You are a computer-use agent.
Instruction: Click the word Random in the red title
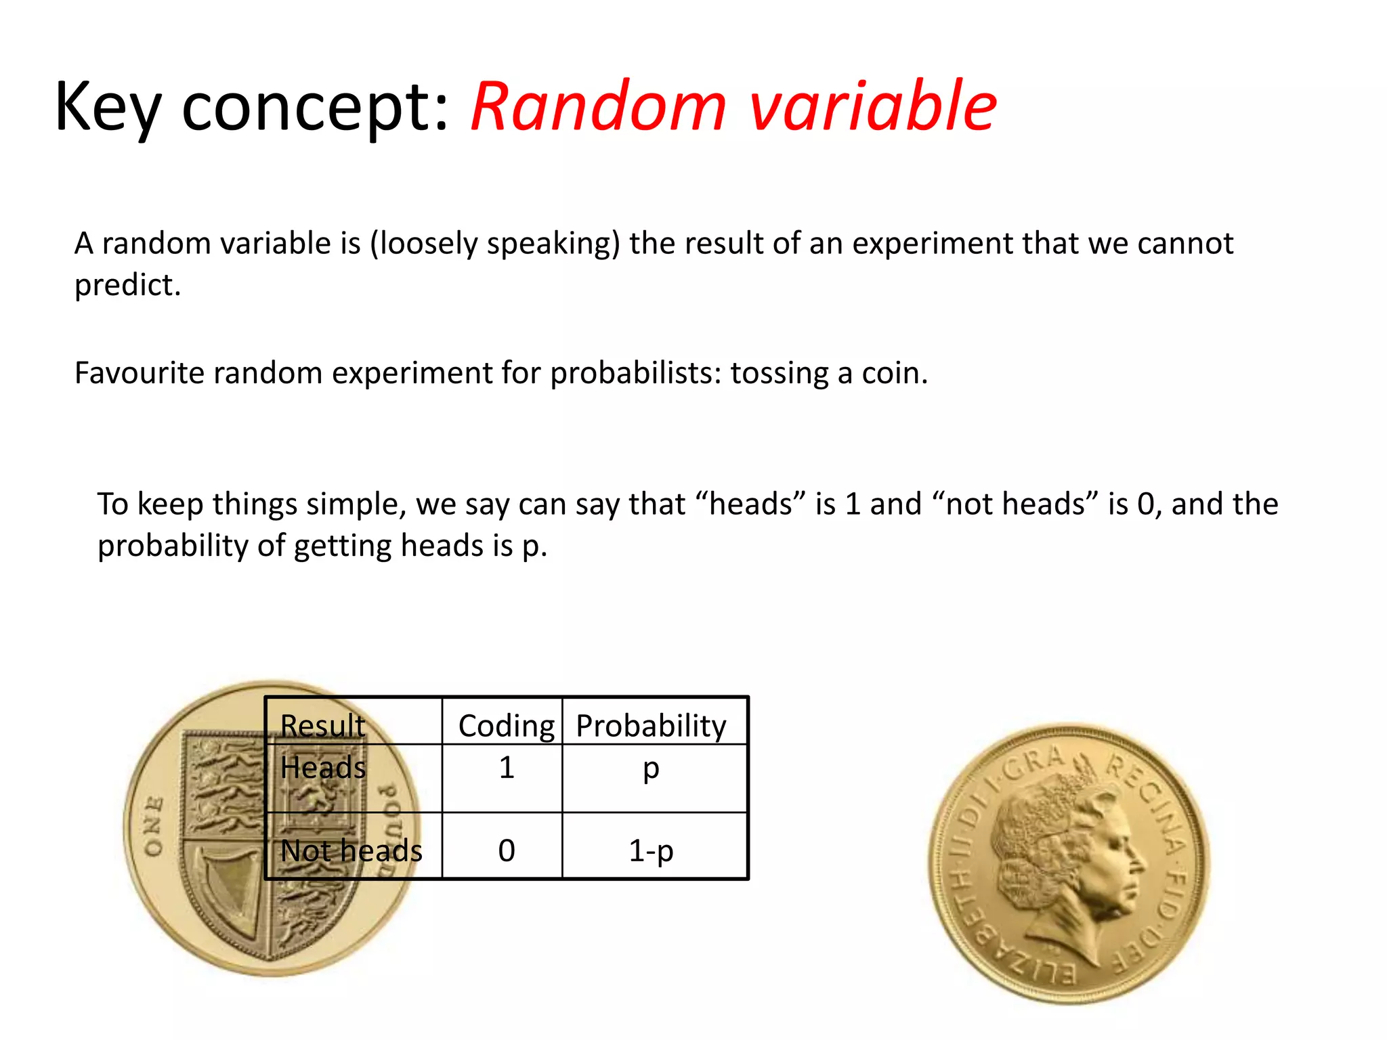[599, 107]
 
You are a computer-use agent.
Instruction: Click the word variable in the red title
[874, 107]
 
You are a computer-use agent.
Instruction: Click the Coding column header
[506, 726]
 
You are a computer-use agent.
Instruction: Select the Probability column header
[651, 726]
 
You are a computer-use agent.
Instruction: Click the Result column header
[322, 726]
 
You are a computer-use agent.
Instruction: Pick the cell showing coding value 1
[506, 768]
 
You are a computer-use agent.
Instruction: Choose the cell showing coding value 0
[506, 850]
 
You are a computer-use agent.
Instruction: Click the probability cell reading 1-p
[651, 850]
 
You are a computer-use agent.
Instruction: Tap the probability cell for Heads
[651, 768]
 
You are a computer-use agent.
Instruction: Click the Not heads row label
[351, 850]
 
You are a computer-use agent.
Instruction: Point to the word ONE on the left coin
[154, 826]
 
